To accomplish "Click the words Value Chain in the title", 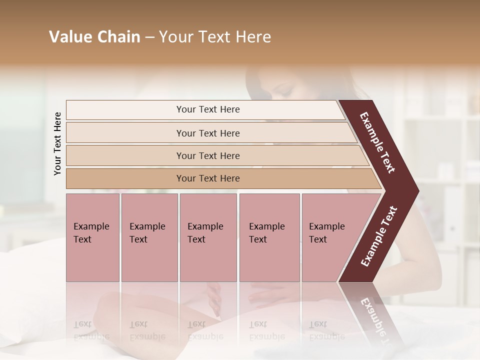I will click(x=94, y=37).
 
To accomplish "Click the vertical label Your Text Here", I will click(x=57, y=143).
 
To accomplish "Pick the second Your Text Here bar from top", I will click(x=208, y=133).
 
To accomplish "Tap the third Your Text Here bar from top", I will click(x=208, y=155).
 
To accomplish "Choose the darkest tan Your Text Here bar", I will click(x=208, y=178).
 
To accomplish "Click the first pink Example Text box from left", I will click(x=92, y=237).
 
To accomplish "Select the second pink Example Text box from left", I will click(x=149, y=237).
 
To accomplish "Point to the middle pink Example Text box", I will click(x=208, y=237).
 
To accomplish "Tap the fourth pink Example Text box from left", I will click(x=269, y=237).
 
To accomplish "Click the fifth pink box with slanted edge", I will click(x=330, y=237).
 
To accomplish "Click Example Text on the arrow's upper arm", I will click(x=378, y=142).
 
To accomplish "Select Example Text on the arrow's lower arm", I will click(x=379, y=236).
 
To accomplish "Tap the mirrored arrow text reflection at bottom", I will click(x=374, y=320).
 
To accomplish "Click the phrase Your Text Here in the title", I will click(x=215, y=37).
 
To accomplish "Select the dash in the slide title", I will click(x=149, y=37).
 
